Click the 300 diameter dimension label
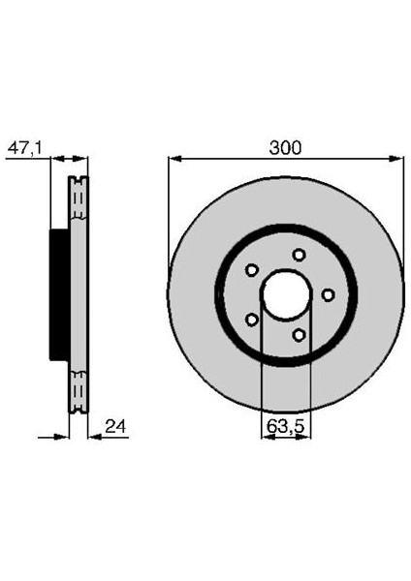pos(286,148)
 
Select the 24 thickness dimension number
pos(116,426)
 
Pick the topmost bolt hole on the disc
pos(299,255)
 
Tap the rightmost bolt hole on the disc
pos(328,294)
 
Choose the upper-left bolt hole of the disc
pos(251,270)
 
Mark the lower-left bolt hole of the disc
pos(251,319)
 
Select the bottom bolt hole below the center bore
pos(299,334)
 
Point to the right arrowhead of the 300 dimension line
pos(396,157)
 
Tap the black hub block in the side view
pos(58,294)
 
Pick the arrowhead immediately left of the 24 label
pos(93,436)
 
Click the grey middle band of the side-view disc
pos(78,294)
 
